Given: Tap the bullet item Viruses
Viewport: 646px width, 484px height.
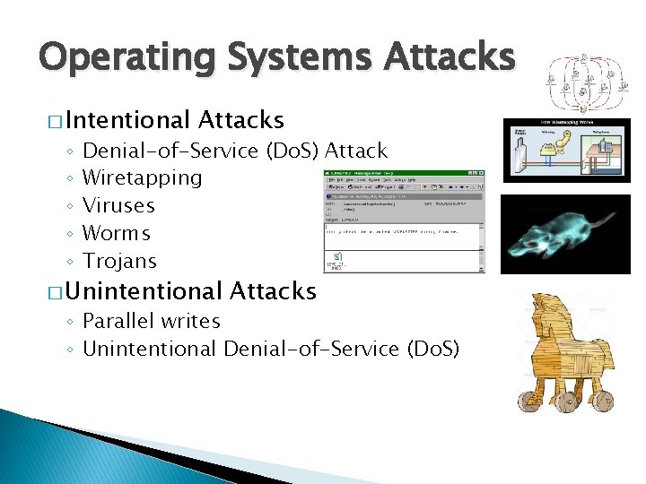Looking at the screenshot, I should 118,205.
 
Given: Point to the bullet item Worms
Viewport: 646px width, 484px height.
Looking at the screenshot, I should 117,233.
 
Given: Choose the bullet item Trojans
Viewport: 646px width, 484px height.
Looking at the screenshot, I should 119,261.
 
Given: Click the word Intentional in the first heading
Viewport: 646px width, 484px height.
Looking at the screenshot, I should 127,120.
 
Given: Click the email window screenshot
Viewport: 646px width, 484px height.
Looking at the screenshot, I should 404,220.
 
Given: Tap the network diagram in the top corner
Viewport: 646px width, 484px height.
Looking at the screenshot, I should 582,80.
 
